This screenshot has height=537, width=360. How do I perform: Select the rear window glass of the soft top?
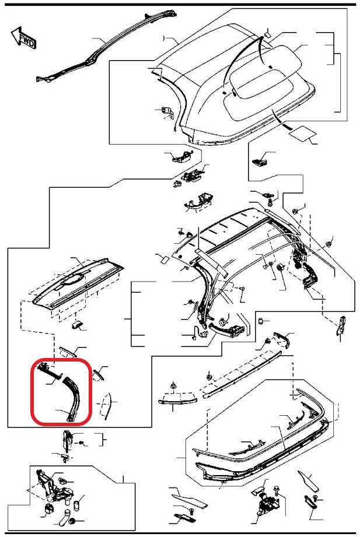coord(263,82)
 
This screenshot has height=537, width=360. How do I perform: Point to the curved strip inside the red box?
coord(73,396)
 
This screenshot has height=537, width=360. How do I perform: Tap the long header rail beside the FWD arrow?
coord(106,46)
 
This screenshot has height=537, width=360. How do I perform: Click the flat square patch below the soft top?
coord(302,133)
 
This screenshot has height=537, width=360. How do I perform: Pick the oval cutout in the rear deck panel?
coord(73,280)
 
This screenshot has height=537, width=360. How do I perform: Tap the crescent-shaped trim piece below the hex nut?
coord(177,401)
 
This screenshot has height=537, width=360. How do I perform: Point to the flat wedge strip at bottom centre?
coord(189,499)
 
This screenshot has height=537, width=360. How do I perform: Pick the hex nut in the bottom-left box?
coord(72,522)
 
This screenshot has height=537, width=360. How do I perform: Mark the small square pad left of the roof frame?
coord(163,259)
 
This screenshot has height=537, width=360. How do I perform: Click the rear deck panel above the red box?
coord(78,285)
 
